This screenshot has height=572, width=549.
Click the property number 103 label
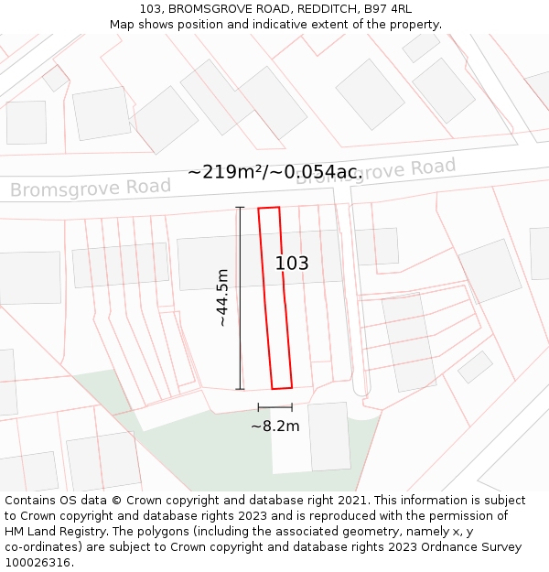point(292,264)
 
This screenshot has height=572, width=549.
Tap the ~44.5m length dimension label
point(222,298)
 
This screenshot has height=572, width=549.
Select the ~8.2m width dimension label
point(274,426)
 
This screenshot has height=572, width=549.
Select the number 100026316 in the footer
point(38,563)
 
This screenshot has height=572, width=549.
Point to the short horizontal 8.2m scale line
point(274,407)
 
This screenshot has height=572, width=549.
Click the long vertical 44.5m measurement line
point(240,298)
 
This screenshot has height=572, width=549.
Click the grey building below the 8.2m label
point(329,437)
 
